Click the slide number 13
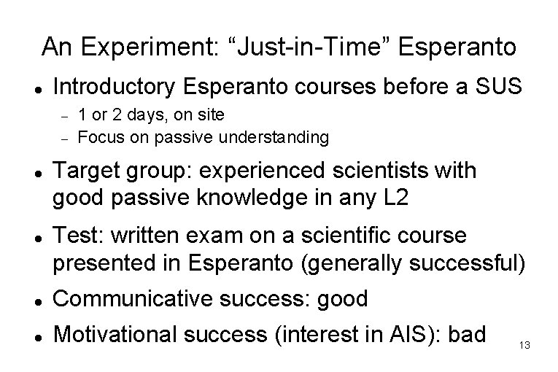[524, 344]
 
